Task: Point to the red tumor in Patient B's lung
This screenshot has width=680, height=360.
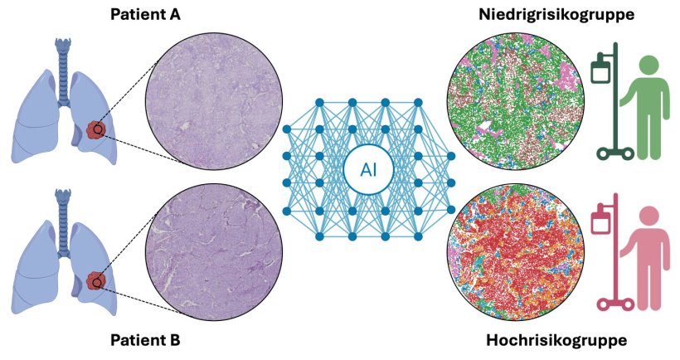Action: click(x=97, y=282)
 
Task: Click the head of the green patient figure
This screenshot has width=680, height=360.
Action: click(x=646, y=65)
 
